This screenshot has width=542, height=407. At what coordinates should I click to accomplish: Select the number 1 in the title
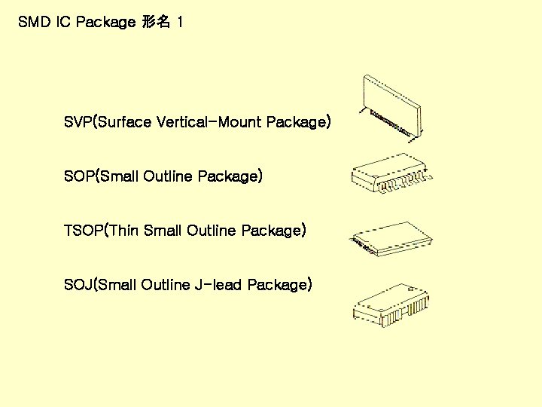click(x=178, y=23)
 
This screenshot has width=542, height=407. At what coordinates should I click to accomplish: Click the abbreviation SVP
click(x=77, y=122)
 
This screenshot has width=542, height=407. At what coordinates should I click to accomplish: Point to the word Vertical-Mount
click(x=209, y=122)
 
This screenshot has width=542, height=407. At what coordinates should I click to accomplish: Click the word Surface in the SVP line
click(x=125, y=122)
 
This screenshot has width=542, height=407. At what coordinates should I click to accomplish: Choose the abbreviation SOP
click(x=78, y=176)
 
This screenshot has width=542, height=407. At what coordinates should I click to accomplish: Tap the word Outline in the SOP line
click(x=167, y=176)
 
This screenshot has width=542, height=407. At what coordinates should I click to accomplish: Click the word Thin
click(x=125, y=231)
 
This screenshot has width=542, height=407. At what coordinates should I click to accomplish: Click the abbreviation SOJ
click(x=78, y=285)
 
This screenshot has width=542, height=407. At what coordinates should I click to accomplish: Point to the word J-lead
click(x=219, y=285)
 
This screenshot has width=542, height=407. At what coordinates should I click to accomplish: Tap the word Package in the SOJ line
click(x=277, y=285)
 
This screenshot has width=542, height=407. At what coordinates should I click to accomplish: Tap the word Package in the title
click(x=105, y=23)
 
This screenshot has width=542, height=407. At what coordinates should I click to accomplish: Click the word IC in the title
click(x=63, y=23)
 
